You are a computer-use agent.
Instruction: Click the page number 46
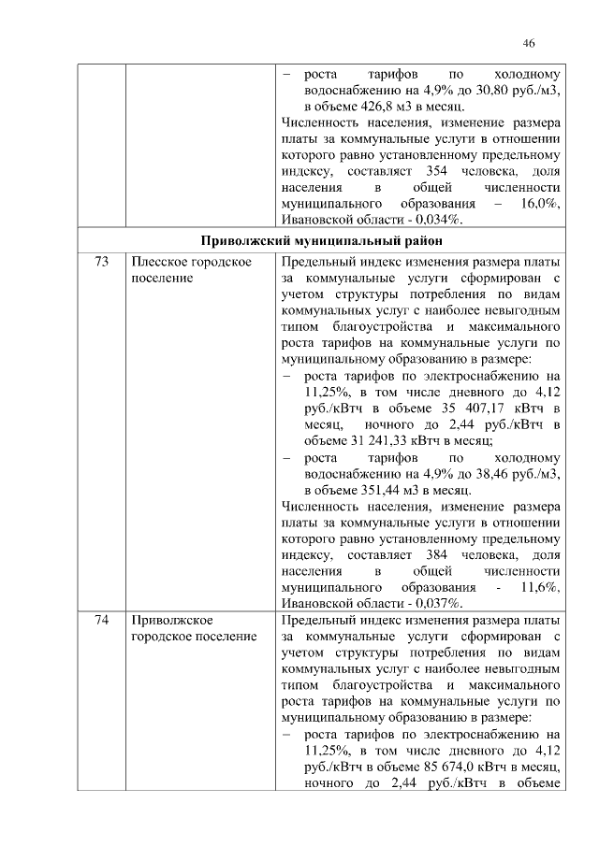[x=529, y=44]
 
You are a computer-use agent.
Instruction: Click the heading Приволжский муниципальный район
[x=319, y=242]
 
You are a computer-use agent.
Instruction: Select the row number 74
[x=101, y=620]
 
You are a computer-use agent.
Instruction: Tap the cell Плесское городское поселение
[x=192, y=271]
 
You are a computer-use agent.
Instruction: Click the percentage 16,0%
[x=538, y=204]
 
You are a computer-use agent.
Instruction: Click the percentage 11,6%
[x=538, y=585]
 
